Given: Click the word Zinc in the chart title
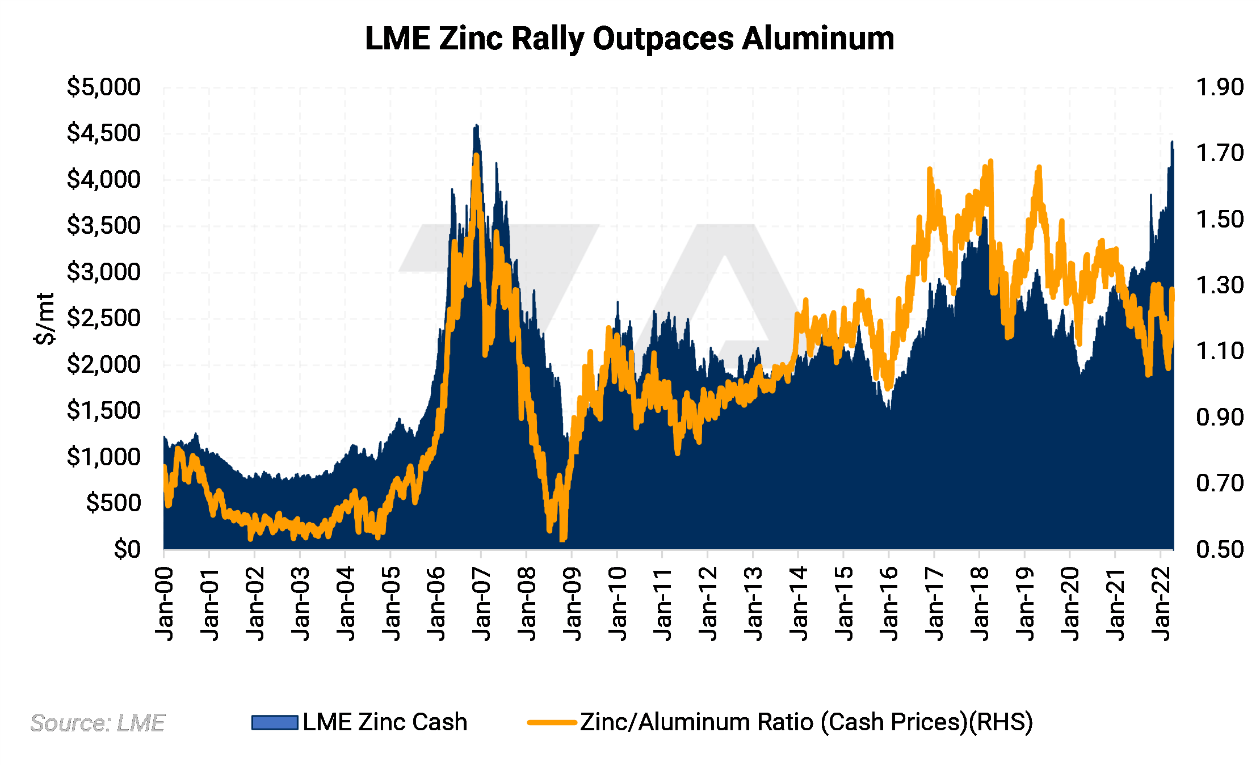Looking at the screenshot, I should coord(471,39).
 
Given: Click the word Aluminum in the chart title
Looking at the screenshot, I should coord(818,39).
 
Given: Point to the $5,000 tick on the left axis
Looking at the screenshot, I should coord(103,87).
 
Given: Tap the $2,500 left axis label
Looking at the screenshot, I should coord(103,318).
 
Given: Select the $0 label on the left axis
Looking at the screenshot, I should coord(127,549).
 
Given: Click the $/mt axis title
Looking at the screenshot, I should coord(45,318).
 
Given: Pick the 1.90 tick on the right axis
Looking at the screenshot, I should coord(1219,87).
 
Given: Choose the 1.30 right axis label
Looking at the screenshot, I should coord(1219,285).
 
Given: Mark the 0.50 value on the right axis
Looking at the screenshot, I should coord(1219,549).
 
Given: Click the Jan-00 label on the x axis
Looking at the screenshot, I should coord(165,604).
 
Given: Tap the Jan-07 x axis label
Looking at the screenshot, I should coord(482,604).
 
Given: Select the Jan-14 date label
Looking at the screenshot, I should coord(799,604).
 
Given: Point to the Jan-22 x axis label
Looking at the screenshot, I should coord(1162,604).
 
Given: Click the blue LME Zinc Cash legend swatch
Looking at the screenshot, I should coord(275,722).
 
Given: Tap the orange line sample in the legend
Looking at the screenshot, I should coord(552,722).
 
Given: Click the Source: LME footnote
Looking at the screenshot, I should coord(97,723).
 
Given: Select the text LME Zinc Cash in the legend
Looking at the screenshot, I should coord(385,722).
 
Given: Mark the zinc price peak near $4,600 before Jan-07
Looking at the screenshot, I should coord(477,125).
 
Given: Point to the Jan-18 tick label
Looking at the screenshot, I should coord(980,604).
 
